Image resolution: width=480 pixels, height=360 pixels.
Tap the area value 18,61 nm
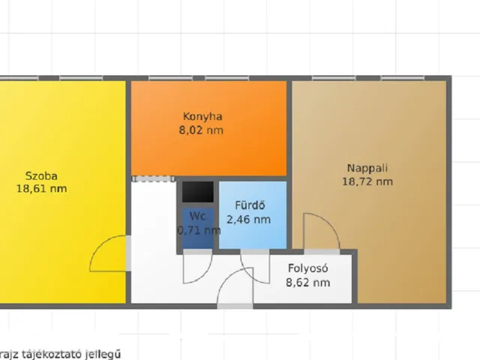click(41, 189)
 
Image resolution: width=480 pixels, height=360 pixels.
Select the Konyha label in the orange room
click(202, 116)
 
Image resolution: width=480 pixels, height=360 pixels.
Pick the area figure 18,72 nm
click(367, 181)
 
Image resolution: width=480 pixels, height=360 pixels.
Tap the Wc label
click(198, 216)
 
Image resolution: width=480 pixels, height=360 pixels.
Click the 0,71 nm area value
click(199, 230)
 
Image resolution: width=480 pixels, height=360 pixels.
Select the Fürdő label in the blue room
click(250, 206)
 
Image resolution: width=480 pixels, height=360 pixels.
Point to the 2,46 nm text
click(250, 220)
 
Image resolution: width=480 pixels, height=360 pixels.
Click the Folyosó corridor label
click(308, 268)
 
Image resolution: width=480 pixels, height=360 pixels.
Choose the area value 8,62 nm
click(308, 283)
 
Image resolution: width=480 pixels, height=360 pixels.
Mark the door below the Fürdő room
click(255, 268)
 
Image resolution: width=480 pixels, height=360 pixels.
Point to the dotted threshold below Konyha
click(154, 178)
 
